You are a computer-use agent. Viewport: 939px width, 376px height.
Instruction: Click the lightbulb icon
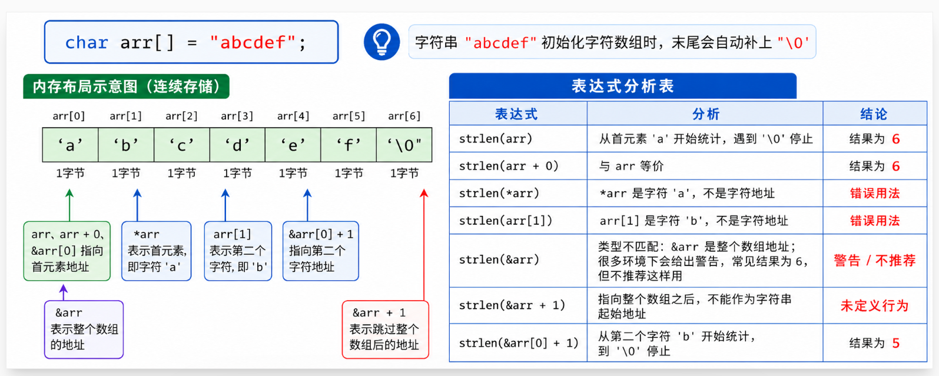[x=381, y=42]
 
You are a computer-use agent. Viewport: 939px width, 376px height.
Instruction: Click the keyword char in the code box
[x=87, y=43]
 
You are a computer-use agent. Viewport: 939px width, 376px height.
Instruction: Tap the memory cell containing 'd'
[x=237, y=145]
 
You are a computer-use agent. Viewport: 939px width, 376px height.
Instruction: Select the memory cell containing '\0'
[x=404, y=145]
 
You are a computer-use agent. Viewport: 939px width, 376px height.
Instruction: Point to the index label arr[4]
[x=293, y=116]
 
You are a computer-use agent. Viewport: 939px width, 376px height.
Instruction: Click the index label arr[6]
[x=404, y=116]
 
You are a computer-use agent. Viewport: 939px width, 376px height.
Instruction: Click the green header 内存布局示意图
[x=126, y=86]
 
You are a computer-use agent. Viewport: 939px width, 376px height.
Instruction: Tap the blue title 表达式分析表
[x=622, y=86]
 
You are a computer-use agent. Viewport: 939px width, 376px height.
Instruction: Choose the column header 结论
[x=874, y=114]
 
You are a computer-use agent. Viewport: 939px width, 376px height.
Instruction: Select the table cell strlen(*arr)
[x=518, y=193]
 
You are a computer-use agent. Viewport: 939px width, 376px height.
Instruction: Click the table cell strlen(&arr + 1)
[x=518, y=305]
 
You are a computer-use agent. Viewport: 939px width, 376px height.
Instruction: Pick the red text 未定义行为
[x=874, y=305]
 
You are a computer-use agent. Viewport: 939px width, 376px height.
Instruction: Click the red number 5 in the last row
[x=896, y=343]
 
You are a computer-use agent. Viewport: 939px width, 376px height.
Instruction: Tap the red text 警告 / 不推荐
[x=874, y=260]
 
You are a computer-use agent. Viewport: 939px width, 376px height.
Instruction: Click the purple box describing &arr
[x=84, y=330]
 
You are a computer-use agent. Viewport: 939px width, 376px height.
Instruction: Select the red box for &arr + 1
[x=385, y=330]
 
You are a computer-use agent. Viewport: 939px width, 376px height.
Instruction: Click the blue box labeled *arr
[x=157, y=251]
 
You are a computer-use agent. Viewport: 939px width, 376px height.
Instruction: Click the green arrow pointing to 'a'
[x=69, y=205]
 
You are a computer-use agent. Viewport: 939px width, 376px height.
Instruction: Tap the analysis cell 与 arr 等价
[x=631, y=166]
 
